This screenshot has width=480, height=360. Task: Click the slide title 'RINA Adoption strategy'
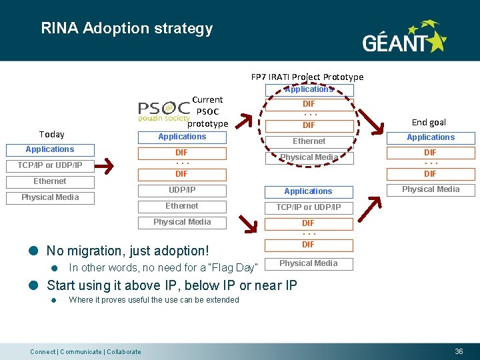point(127,29)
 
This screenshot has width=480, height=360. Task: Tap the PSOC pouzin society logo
point(164,111)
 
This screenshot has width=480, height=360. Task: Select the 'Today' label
point(51,134)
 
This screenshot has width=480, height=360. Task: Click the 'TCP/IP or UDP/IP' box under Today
point(50,165)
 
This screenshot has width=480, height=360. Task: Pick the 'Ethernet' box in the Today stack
point(50,181)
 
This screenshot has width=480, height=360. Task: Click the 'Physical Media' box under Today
point(50,197)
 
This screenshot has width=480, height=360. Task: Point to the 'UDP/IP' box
point(181,190)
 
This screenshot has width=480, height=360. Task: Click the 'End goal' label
point(429,122)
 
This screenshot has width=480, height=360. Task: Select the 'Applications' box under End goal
point(431,137)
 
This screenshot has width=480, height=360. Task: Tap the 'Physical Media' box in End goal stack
point(431,189)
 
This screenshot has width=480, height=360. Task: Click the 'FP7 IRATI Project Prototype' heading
point(307,77)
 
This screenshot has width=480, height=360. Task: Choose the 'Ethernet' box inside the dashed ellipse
point(309,141)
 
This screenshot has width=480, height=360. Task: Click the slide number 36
point(459,351)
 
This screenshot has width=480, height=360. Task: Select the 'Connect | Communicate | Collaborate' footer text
point(86,351)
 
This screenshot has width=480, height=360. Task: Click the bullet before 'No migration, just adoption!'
point(33,251)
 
